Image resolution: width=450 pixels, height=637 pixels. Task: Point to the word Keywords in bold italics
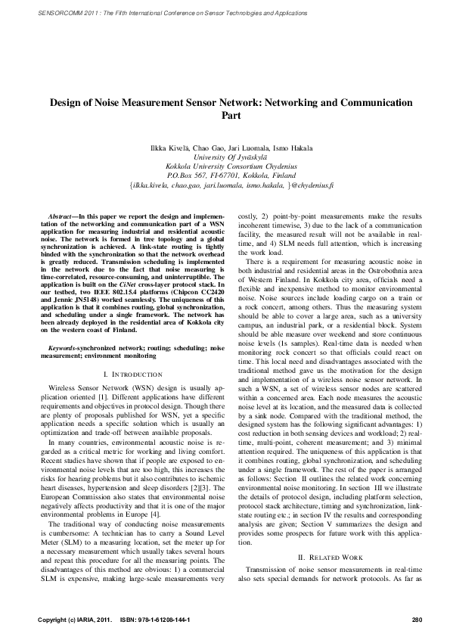pyautogui.click(x=64, y=346)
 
